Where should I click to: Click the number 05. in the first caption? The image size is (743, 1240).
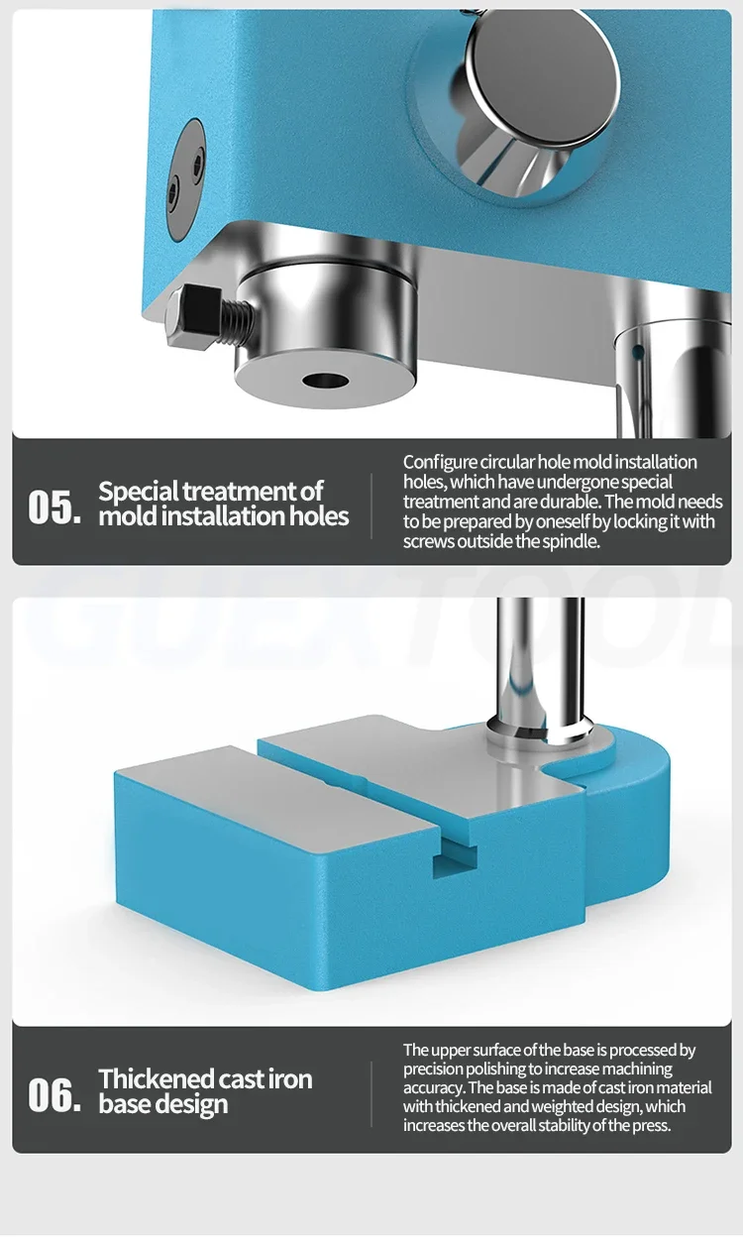[54, 506]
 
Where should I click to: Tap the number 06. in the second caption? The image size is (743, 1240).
[54, 1094]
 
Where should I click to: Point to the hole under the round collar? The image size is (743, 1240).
[325, 381]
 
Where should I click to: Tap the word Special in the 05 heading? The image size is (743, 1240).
[140, 492]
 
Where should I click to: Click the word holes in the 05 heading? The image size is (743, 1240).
[319, 516]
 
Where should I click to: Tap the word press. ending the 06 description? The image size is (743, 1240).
[652, 1125]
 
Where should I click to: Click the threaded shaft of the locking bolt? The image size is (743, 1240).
[239, 321]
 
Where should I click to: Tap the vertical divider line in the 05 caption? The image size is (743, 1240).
[371, 506]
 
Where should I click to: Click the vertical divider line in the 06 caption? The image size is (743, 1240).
[371, 1094]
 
